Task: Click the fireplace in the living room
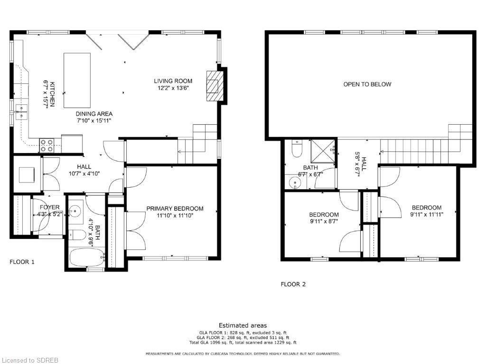[x=215, y=86]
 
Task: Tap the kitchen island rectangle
[x=77, y=81]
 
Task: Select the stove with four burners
[x=47, y=146]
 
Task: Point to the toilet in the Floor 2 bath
[x=297, y=148]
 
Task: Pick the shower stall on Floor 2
[x=323, y=151]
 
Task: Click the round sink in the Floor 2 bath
[x=295, y=182]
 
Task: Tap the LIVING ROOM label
[x=173, y=81]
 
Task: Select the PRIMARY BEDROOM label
[x=175, y=209]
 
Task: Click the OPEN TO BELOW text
[x=367, y=84]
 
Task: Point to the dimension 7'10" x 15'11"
[x=93, y=120]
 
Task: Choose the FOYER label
[x=49, y=208]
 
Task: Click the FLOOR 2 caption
[x=293, y=284]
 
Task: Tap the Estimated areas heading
[x=243, y=325]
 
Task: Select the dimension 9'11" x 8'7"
[x=324, y=221]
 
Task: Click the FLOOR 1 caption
[x=22, y=262]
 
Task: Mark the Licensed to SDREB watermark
[x=29, y=360]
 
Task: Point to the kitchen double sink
[x=21, y=112]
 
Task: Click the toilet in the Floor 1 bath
[x=77, y=235]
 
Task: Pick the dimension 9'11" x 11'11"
[x=427, y=214]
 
